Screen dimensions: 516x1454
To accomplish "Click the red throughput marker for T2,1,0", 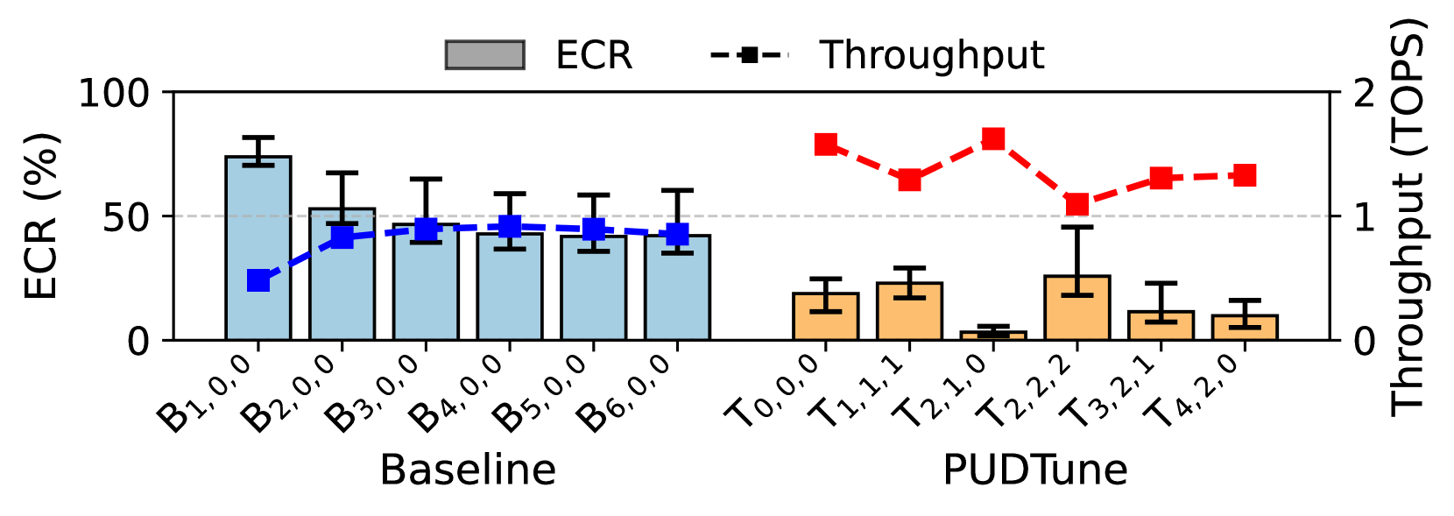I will [x=993, y=138].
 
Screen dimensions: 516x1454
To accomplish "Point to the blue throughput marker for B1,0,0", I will [x=258, y=280].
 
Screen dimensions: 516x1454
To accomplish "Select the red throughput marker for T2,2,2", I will [x=1077, y=204].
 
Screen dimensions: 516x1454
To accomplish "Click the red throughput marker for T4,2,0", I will [x=1245, y=175].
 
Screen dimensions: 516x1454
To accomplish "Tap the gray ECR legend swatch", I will [x=484, y=55].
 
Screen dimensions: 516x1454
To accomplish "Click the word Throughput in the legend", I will [x=932, y=55].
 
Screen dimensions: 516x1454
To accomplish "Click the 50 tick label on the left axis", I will [x=126, y=217].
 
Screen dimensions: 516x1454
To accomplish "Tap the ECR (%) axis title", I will [x=41, y=216].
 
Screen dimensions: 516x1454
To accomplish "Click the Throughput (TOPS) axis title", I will [x=1408, y=216].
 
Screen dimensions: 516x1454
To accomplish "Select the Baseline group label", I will [x=468, y=470].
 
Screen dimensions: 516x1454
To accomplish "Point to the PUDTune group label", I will [x=1034, y=470].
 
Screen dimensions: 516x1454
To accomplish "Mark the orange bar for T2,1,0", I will [x=993, y=336].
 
